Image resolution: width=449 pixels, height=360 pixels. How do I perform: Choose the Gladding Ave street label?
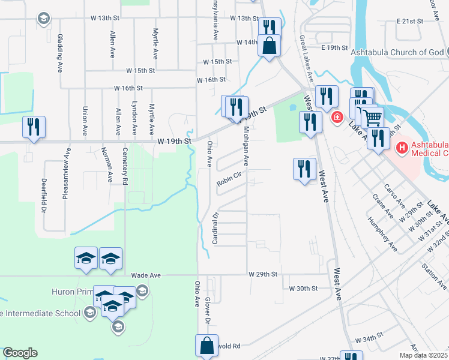pyautogui.click(x=60, y=46)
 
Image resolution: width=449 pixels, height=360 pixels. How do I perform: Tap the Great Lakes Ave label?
pyautogui.click(x=306, y=59)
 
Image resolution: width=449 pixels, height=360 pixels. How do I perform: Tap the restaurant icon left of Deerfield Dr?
pyautogui.click(x=33, y=127)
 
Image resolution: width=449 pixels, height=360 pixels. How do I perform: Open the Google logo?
pyautogui.click(x=19, y=353)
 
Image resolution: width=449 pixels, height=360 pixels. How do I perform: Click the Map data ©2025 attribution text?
pyautogui.click(x=423, y=355)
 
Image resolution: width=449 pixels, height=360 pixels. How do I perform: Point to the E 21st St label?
pyautogui.click(x=410, y=21)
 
